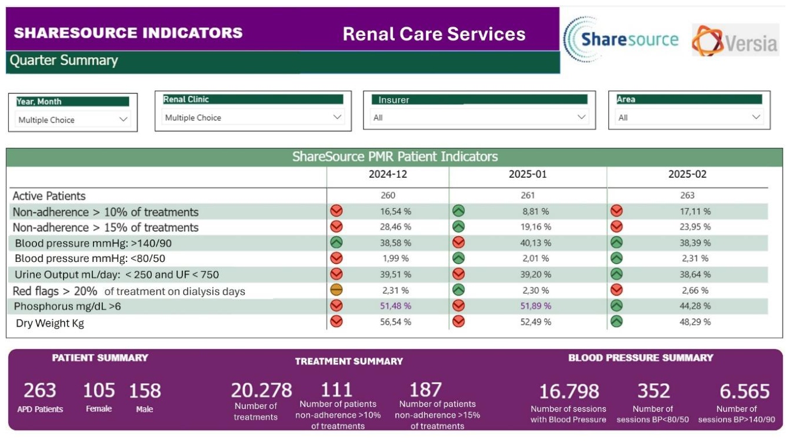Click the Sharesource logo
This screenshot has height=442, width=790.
click(x=621, y=39)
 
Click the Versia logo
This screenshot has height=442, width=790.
click(x=735, y=41)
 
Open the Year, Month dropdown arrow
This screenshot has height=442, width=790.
click(x=123, y=119)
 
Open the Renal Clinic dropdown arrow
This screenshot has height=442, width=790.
click(x=337, y=117)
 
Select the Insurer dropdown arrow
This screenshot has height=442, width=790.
click(x=582, y=117)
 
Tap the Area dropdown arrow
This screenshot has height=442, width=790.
click(x=756, y=117)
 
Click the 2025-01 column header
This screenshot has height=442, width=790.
click(x=528, y=174)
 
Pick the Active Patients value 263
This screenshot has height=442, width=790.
click(x=687, y=195)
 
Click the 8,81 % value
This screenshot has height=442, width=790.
click(x=535, y=211)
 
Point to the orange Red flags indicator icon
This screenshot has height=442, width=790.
click(x=336, y=290)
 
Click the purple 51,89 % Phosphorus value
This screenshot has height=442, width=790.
click(x=535, y=306)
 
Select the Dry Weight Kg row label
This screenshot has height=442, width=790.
click(x=50, y=323)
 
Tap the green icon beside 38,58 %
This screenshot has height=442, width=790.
click(x=336, y=242)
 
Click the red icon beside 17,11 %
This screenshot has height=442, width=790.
click(x=616, y=211)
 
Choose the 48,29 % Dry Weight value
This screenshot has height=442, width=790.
click(x=695, y=322)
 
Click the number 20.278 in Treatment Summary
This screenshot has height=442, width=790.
click(x=261, y=390)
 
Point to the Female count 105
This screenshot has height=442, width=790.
click(x=99, y=390)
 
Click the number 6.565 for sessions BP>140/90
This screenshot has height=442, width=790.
click(x=745, y=391)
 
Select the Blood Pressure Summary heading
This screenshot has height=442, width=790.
click(x=641, y=358)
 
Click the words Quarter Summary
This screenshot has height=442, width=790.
click(x=64, y=60)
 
